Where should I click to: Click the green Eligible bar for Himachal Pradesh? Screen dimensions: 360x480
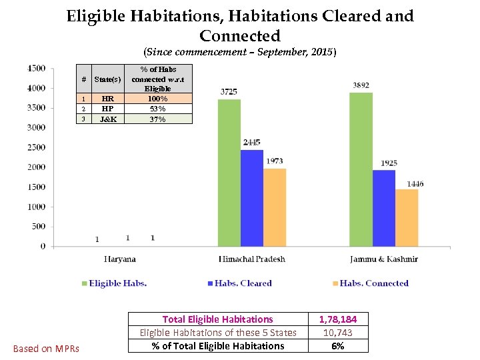tap(229, 173)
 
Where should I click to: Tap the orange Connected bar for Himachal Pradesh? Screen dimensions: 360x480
tap(275, 207)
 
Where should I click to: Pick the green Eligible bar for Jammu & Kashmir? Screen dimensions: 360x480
tap(361, 169)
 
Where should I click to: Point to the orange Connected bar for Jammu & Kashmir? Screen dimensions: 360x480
tap(407, 217)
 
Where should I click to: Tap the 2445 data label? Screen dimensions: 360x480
tap(252, 143)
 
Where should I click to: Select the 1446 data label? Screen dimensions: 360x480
tap(415, 183)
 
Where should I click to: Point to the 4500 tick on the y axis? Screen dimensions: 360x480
tap(36, 68)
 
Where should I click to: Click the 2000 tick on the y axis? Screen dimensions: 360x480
tap(36, 167)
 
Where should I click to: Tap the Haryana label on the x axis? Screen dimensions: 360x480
tap(120, 259)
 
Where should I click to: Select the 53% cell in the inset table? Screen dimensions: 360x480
tap(158, 109)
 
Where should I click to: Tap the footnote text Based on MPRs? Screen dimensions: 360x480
tap(46, 349)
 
